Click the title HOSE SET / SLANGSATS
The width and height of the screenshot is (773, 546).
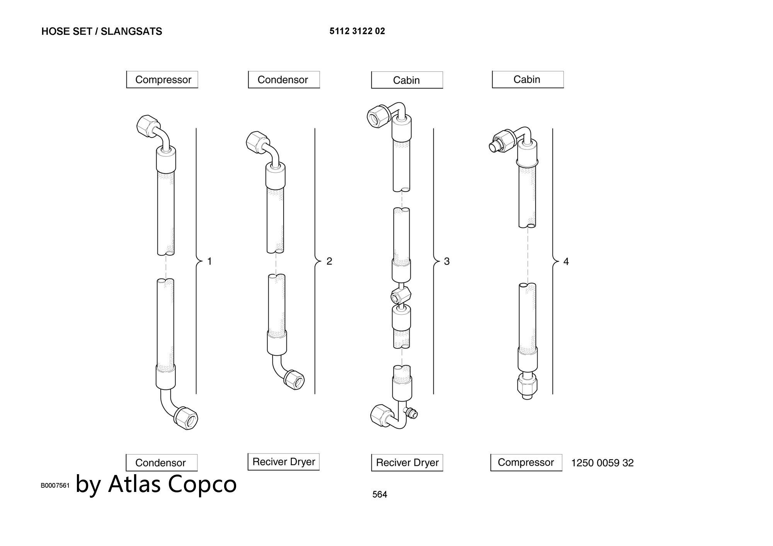click(102, 31)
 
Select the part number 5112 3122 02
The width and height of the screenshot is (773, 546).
click(357, 31)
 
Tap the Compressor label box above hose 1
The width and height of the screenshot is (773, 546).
click(162, 80)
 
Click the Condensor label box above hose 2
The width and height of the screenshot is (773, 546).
click(284, 80)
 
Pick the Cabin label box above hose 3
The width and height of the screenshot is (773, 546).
click(407, 80)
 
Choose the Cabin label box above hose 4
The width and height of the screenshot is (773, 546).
click(528, 80)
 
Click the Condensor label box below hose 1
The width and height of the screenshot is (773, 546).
click(162, 463)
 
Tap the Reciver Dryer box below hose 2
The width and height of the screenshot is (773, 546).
click(284, 462)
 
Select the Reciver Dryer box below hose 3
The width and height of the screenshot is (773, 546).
click(407, 463)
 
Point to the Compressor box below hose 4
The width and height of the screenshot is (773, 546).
click(526, 463)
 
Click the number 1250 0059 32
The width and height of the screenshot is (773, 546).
click(603, 463)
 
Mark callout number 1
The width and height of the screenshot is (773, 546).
click(209, 261)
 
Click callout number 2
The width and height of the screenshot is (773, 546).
click(329, 261)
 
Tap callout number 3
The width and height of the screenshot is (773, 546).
click(447, 261)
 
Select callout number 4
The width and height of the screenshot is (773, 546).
click(566, 262)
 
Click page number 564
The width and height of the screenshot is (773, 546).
click(380, 494)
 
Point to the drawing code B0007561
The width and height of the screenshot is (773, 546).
click(55, 485)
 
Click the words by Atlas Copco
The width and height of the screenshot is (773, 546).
click(156, 483)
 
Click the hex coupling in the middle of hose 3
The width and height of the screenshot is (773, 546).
click(401, 296)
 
